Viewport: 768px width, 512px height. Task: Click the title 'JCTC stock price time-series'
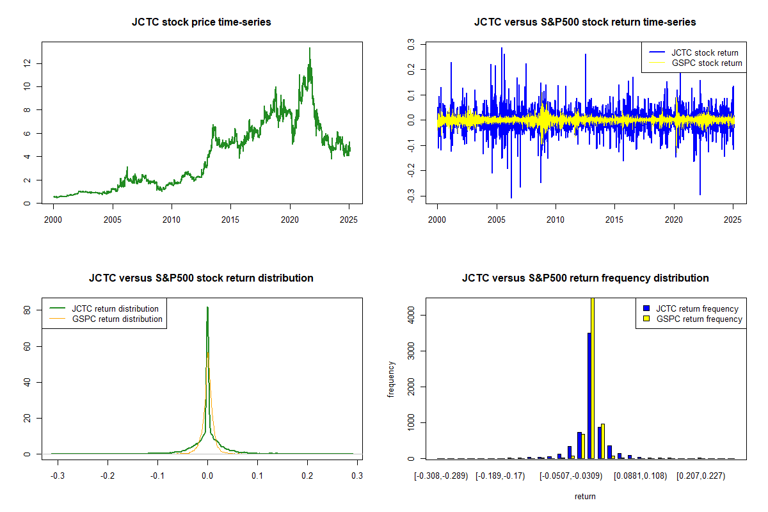click(x=202, y=22)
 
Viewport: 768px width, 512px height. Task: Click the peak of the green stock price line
click(x=310, y=48)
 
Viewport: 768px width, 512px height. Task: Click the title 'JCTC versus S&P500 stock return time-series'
click(x=585, y=22)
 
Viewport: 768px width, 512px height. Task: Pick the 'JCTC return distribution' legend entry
click(x=115, y=309)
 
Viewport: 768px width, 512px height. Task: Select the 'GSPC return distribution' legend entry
click(x=117, y=319)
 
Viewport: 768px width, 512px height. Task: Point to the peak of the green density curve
click(x=207, y=308)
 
